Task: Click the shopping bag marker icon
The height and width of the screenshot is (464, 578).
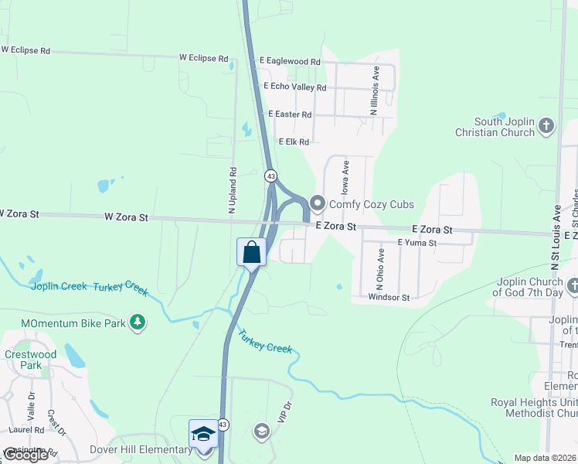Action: [251, 252]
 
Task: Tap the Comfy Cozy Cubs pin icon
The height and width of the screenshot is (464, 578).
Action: [318, 204]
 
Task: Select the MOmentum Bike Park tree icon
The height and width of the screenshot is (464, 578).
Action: [137, 322]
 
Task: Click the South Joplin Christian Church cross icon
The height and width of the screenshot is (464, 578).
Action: [546, 126]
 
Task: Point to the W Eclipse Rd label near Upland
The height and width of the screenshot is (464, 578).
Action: [204, 58]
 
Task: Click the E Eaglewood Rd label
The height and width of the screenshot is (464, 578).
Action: [290, 61]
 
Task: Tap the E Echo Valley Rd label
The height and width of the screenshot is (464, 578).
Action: [295, 87]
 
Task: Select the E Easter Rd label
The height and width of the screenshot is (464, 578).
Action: [290, 114]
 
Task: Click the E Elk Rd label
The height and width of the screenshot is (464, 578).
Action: [294, 142]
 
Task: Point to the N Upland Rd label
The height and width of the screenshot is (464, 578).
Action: [231, 189]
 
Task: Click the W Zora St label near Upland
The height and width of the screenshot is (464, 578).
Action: [126, 218]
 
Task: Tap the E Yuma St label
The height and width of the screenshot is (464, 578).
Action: [417, 243]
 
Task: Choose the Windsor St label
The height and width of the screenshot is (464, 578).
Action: [388, 297]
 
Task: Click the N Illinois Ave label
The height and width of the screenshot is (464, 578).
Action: [376, 91]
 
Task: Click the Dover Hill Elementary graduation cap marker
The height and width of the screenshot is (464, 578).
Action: [203, 435]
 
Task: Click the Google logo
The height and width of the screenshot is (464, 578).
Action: [25, 455]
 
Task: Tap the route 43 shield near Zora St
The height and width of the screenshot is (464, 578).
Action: [270, 176]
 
